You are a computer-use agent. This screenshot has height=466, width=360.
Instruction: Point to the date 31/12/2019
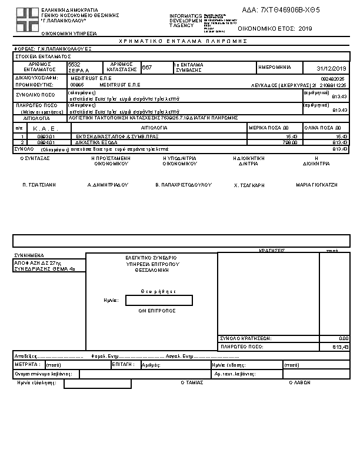click(332, 68)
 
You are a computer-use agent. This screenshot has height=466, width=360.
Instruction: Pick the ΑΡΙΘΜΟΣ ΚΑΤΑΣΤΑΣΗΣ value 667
click(147, 68)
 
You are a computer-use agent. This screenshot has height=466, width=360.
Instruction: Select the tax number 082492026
click(334, 78)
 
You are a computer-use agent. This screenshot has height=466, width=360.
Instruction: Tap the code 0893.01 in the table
click(45, 137)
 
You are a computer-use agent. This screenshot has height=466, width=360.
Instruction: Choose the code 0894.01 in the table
click(45, 142)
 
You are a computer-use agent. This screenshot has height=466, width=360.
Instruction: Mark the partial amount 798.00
click(291, 142)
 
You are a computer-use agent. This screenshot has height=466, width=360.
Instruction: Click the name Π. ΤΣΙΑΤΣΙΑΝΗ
click(39, 185)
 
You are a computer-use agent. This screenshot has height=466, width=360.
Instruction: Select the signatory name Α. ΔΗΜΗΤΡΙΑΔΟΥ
click(107, 185)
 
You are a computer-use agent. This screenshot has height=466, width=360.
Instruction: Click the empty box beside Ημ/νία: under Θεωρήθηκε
click(159, 300)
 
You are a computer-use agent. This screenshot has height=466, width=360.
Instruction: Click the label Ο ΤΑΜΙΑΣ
click(191, 382)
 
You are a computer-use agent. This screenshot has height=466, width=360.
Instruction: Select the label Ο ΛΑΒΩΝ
click(299, 382)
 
